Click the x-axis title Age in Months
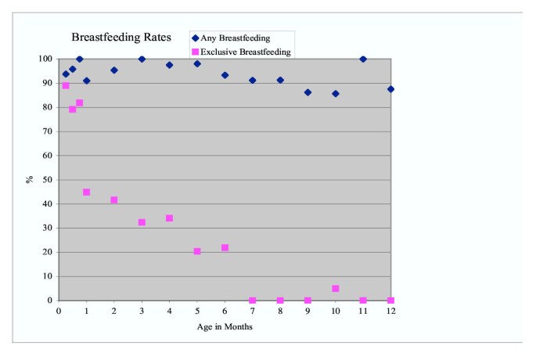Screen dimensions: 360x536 224,327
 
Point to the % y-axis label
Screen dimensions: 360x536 29,179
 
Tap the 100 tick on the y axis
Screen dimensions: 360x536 45,59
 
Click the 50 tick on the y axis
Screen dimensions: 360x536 48,180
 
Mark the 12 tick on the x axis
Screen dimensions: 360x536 390,311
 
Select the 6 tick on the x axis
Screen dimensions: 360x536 225,311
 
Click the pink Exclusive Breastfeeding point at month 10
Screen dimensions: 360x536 336,289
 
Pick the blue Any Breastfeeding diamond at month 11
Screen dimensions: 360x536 363,59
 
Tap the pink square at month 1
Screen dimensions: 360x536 86,193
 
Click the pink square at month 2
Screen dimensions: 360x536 114,200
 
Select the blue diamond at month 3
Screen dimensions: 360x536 142,59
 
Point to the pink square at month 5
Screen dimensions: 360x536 197,252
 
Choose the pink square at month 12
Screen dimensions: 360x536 390,301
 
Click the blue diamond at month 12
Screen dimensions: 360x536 390,89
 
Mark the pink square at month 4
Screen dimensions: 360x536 169,218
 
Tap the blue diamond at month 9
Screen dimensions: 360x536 308,92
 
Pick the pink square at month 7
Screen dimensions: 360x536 252,301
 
